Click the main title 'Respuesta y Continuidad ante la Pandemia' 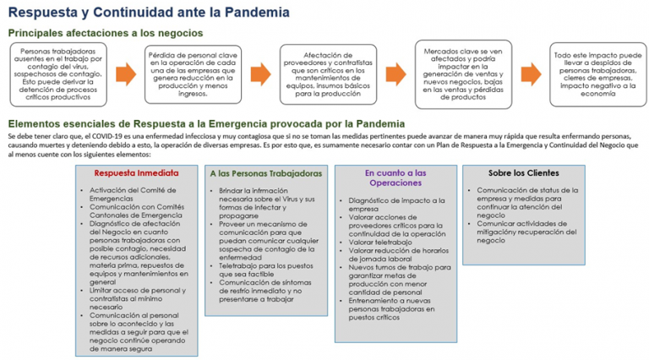coord(148,13)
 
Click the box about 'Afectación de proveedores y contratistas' coord(329,74)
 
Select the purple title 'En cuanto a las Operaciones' coord(395,177)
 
